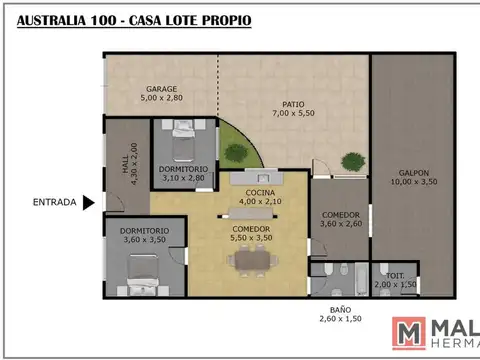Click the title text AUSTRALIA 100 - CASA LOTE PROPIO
[x=134, y=20]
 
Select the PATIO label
[x=292, y=103]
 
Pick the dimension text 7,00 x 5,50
[x=292, y=113]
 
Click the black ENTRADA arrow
[x=88, y=203]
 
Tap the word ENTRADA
[x=54, y=203]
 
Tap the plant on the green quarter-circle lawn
[x=236, y=152]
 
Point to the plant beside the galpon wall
[x=352, y=161]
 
